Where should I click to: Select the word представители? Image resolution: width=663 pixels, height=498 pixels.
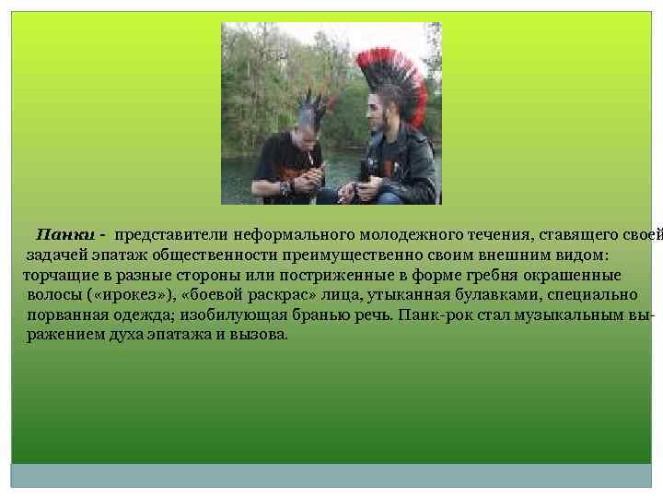pyautogui.click(x=171, y=235)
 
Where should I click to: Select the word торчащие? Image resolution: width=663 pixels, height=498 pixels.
pyautogui.click(x=56, y=275)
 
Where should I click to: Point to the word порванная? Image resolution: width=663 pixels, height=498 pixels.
pyautogui.click(x=64, y=314)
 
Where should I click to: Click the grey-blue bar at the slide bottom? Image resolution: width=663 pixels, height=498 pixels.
pyautogui.click(x=331, y=475)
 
